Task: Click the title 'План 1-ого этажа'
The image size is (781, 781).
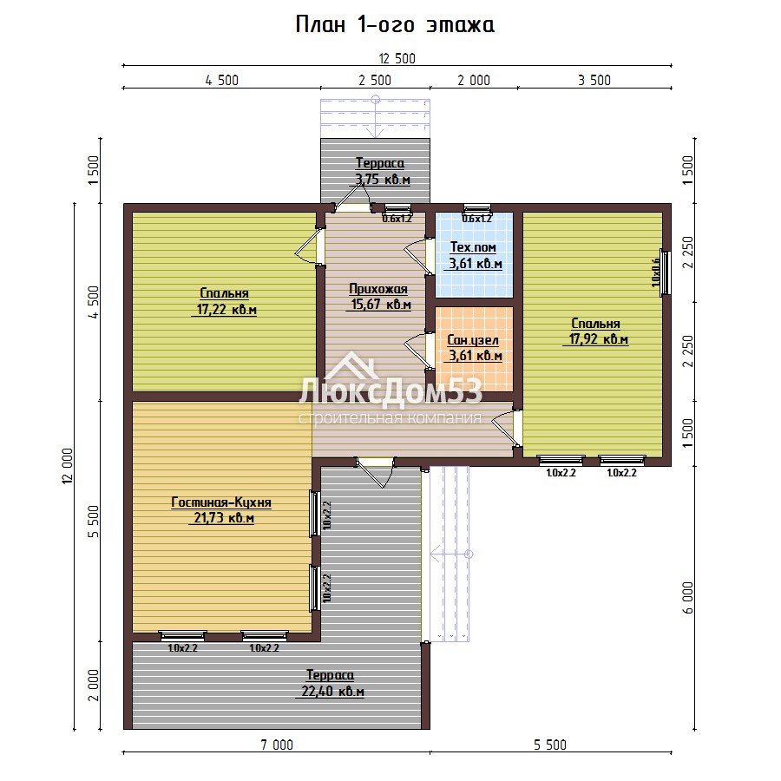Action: [x=395, y=24]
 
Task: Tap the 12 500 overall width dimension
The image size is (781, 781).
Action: [x=397, y=59]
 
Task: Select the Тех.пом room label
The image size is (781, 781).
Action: [x=473, y=247]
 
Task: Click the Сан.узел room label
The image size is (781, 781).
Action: [x=473, y=340]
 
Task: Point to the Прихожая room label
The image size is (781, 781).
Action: [x=378, y=289]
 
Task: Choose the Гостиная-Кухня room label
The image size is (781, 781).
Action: [x=221, y=502]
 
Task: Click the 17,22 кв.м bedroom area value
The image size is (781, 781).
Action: [x=226, y=310]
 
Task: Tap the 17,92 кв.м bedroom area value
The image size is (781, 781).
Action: [x=599, y=339]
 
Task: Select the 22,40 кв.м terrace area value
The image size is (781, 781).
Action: [x=332, y=692]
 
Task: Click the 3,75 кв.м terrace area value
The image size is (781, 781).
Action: [x=383, y=180]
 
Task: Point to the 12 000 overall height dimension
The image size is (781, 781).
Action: [x=68, y=466]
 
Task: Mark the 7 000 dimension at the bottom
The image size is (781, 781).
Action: [x=277, y=745]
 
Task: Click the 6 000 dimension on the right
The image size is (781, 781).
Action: [x=688, y=598]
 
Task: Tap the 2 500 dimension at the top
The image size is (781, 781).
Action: [x=375, y=80]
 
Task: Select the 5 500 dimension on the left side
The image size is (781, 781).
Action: [x=94, y=522]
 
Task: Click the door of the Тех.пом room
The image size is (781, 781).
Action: [x=418, y=257]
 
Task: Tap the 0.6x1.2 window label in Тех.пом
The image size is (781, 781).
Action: [x=476, y=219]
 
